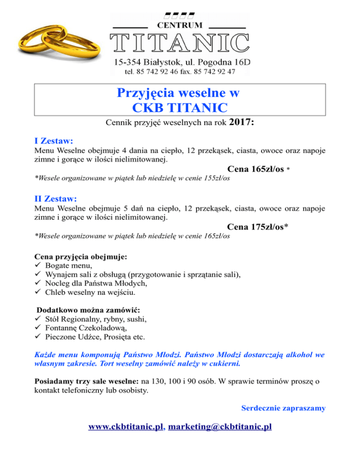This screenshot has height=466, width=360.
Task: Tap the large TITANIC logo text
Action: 180,43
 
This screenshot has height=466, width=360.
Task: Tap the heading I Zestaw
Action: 56,140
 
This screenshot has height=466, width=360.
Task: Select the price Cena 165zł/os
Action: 255,169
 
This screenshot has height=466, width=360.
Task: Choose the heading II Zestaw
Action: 58,199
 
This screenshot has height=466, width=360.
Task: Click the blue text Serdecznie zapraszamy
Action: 283,408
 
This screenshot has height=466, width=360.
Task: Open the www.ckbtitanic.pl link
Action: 126,427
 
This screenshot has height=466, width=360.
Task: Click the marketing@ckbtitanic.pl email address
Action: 220,427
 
